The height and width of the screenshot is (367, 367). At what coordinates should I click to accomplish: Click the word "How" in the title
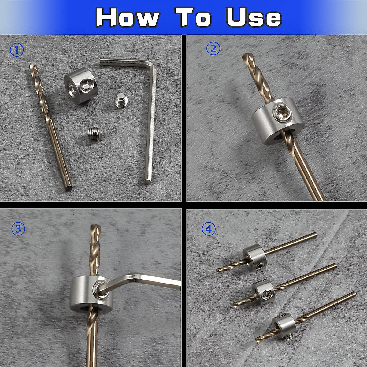[127, 17]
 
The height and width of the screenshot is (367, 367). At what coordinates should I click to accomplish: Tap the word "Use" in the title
[254, 17]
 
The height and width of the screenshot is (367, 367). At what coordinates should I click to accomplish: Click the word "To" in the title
[193, 17]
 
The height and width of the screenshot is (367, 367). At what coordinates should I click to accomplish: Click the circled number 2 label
[213, 49]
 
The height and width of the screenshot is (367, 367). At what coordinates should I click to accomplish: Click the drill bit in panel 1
[50, 128]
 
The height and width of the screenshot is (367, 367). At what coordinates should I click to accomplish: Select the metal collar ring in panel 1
[79, 87]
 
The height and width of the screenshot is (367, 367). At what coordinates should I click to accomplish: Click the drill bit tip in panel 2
[247, 58]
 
